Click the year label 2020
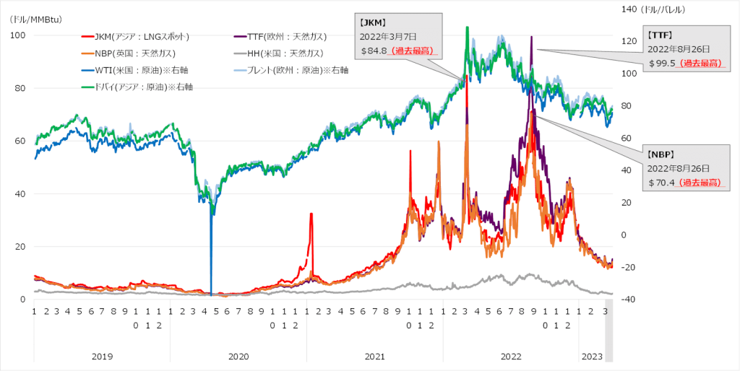point(238,356)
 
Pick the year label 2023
point(592,356)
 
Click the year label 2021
point(374,356)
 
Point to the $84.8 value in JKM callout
point(375,51)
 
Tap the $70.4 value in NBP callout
point(661,183)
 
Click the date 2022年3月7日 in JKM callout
point(389,36)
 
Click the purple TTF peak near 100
point(531,38)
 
